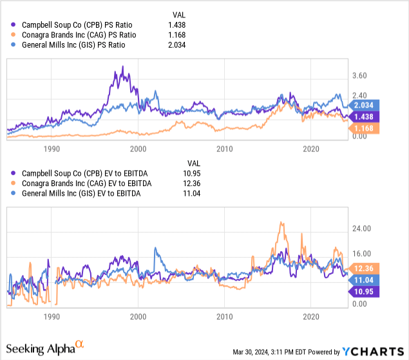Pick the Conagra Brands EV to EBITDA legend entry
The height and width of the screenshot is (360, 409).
[x=82, y=184]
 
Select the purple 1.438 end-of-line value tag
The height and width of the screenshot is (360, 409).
[x=366, y=117]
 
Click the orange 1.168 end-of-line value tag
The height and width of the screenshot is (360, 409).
[x=366, y=129]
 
